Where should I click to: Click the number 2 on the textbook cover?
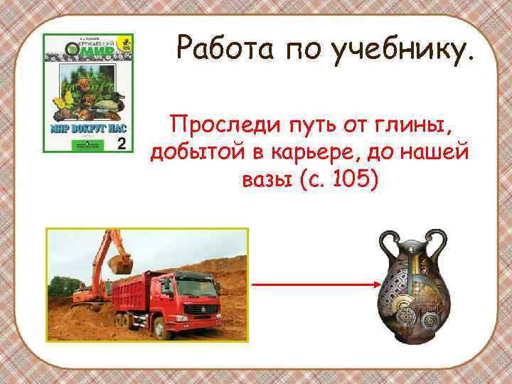coord(120,144)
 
